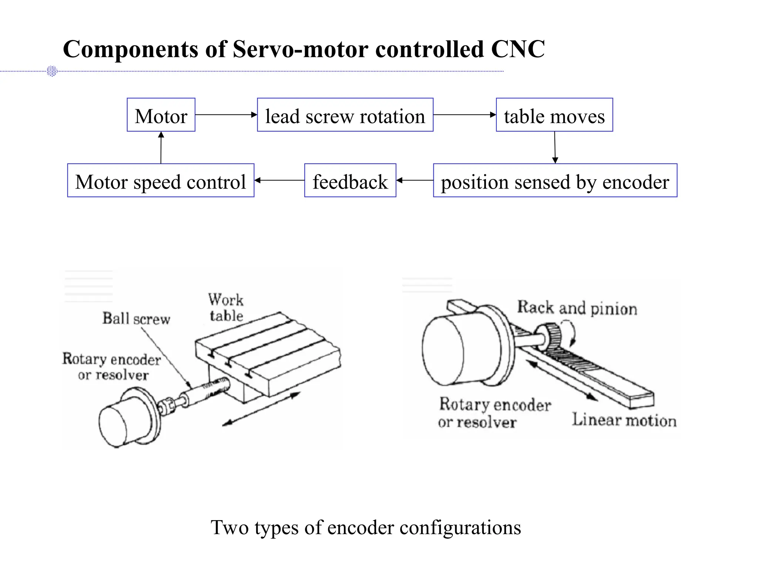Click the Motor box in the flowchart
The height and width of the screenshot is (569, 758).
[x=161, y=115]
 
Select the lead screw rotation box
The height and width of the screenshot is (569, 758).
[x=345, y=115]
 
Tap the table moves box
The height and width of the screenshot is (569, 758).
[x=554, y=115]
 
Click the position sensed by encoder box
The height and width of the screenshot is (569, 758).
[x=555, y=180]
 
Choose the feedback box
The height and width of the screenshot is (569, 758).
[x=350, y=180]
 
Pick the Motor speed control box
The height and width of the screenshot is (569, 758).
[x=161, y=180]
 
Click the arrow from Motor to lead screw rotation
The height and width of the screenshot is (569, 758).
[x=226, y=115]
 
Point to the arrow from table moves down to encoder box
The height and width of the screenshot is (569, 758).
[x=555, y=147]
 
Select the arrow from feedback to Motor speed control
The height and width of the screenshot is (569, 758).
[x=279, y=180]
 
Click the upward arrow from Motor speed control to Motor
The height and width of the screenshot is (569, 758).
[x=161, y=147]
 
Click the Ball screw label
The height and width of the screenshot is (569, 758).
[x=136, y=319]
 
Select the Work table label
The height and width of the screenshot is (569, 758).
[x=226, y=308]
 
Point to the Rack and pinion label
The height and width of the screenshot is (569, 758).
[x=577, y=308]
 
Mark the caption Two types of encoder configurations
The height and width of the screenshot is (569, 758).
[x=366, y=528]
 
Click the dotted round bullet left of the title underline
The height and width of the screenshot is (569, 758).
[x=52, y=71]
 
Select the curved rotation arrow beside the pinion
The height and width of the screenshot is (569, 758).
[x=570, y=332]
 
